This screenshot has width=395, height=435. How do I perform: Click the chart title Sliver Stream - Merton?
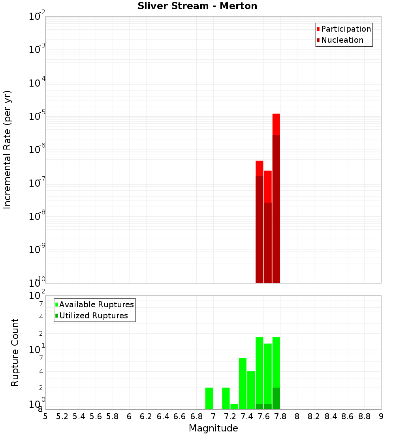pos(197,6)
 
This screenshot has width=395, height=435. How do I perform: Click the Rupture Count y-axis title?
pos(15,352)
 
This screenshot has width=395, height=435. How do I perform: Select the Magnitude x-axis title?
pos(213,428)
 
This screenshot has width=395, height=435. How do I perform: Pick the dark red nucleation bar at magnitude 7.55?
pos(260,229)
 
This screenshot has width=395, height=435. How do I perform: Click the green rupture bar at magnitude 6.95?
pos(209,398)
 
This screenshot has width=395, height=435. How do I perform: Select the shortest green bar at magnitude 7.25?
pos(234,407)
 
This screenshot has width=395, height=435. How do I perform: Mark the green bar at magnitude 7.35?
pos(243,384)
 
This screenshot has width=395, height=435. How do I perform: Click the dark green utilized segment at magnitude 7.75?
pos(276,398)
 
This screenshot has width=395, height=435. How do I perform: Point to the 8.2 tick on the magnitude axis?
pos(314,416)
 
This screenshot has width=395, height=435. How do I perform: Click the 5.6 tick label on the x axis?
pos(96,416)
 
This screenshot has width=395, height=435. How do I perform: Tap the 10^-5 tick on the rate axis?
pos(37,116)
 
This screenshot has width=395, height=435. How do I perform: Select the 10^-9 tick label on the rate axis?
pos(37,250)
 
